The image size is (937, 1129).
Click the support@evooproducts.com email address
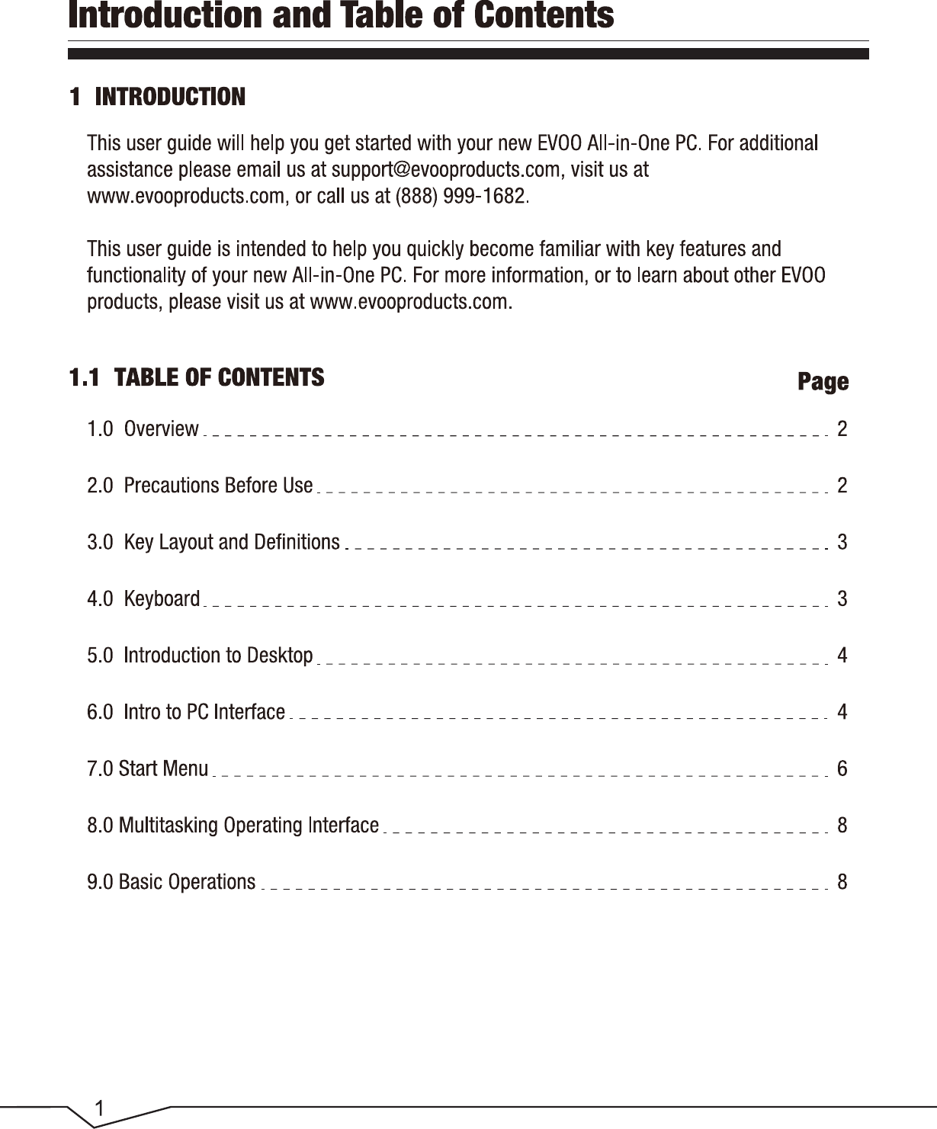pyautogui.click(x=445, y=169)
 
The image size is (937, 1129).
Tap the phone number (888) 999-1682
pyautogui.click(x=460, y=196)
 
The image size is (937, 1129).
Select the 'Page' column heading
pyautogui.click(x=823, y=381)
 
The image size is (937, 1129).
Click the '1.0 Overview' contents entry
pyautogui.click(x=143, y=429)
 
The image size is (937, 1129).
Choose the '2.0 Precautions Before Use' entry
pyautogui.click(x=200, y=486)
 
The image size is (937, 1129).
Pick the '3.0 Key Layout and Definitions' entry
pyautogui.click(x=213, y=542)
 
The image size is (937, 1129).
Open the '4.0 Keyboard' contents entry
pyautogui.click(x=143, y=598)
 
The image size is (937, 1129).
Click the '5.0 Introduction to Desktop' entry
pyautogui.click(x=200, y=656)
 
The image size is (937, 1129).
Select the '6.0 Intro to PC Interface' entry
pyautogui.click(x=186, y=712)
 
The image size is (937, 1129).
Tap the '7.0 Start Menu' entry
pyautogui.click(x=148, y=768)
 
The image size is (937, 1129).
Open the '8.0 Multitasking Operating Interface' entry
pyautogui.click(x=233, y=825)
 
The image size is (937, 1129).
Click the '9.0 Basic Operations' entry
pyautogui.click(x=172, y=882)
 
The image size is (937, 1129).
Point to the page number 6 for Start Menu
pyautogui.click(x=842, y=768)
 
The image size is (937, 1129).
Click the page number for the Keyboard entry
pyautogui.click(x=842, y=598)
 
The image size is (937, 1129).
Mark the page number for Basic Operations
pyautogui.click(x=842, y=882)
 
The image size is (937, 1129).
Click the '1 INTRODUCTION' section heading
pyautogui.click(x=158, y=97)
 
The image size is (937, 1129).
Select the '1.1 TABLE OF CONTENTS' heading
pyautogui.click(x=197, y=377)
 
